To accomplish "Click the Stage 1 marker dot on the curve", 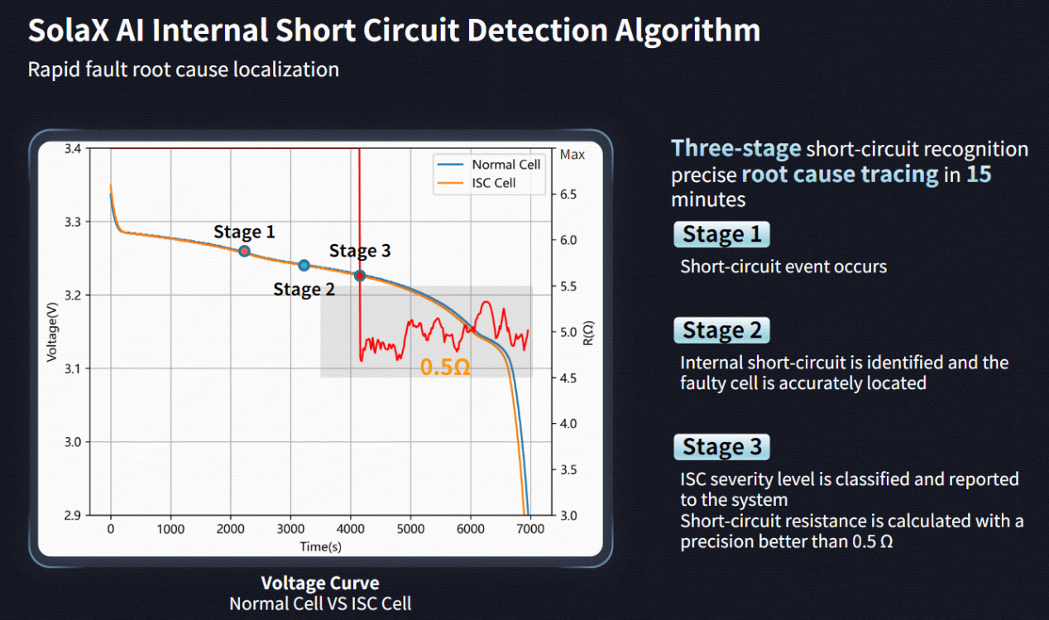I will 244,251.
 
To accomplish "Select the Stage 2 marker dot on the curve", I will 304,266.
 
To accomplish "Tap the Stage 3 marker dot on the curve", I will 360,276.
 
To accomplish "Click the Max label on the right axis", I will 572,154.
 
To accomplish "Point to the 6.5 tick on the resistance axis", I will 572,195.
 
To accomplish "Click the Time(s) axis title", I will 320,546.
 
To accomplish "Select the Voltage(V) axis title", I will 51,332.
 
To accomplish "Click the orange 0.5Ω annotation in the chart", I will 445,368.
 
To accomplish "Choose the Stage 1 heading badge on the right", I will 721,234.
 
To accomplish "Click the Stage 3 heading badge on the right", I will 721,447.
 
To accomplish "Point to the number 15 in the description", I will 979,175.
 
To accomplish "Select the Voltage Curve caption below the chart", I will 320,583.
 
